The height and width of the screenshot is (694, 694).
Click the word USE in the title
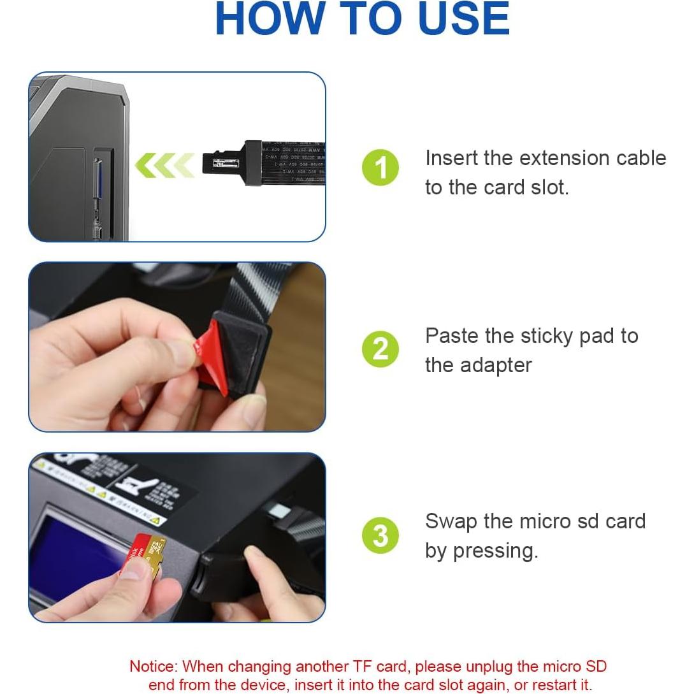459,19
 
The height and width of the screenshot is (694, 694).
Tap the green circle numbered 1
380,168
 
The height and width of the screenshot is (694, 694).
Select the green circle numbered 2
380,349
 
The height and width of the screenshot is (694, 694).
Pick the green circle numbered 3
380,535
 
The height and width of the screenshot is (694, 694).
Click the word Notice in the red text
154,667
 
